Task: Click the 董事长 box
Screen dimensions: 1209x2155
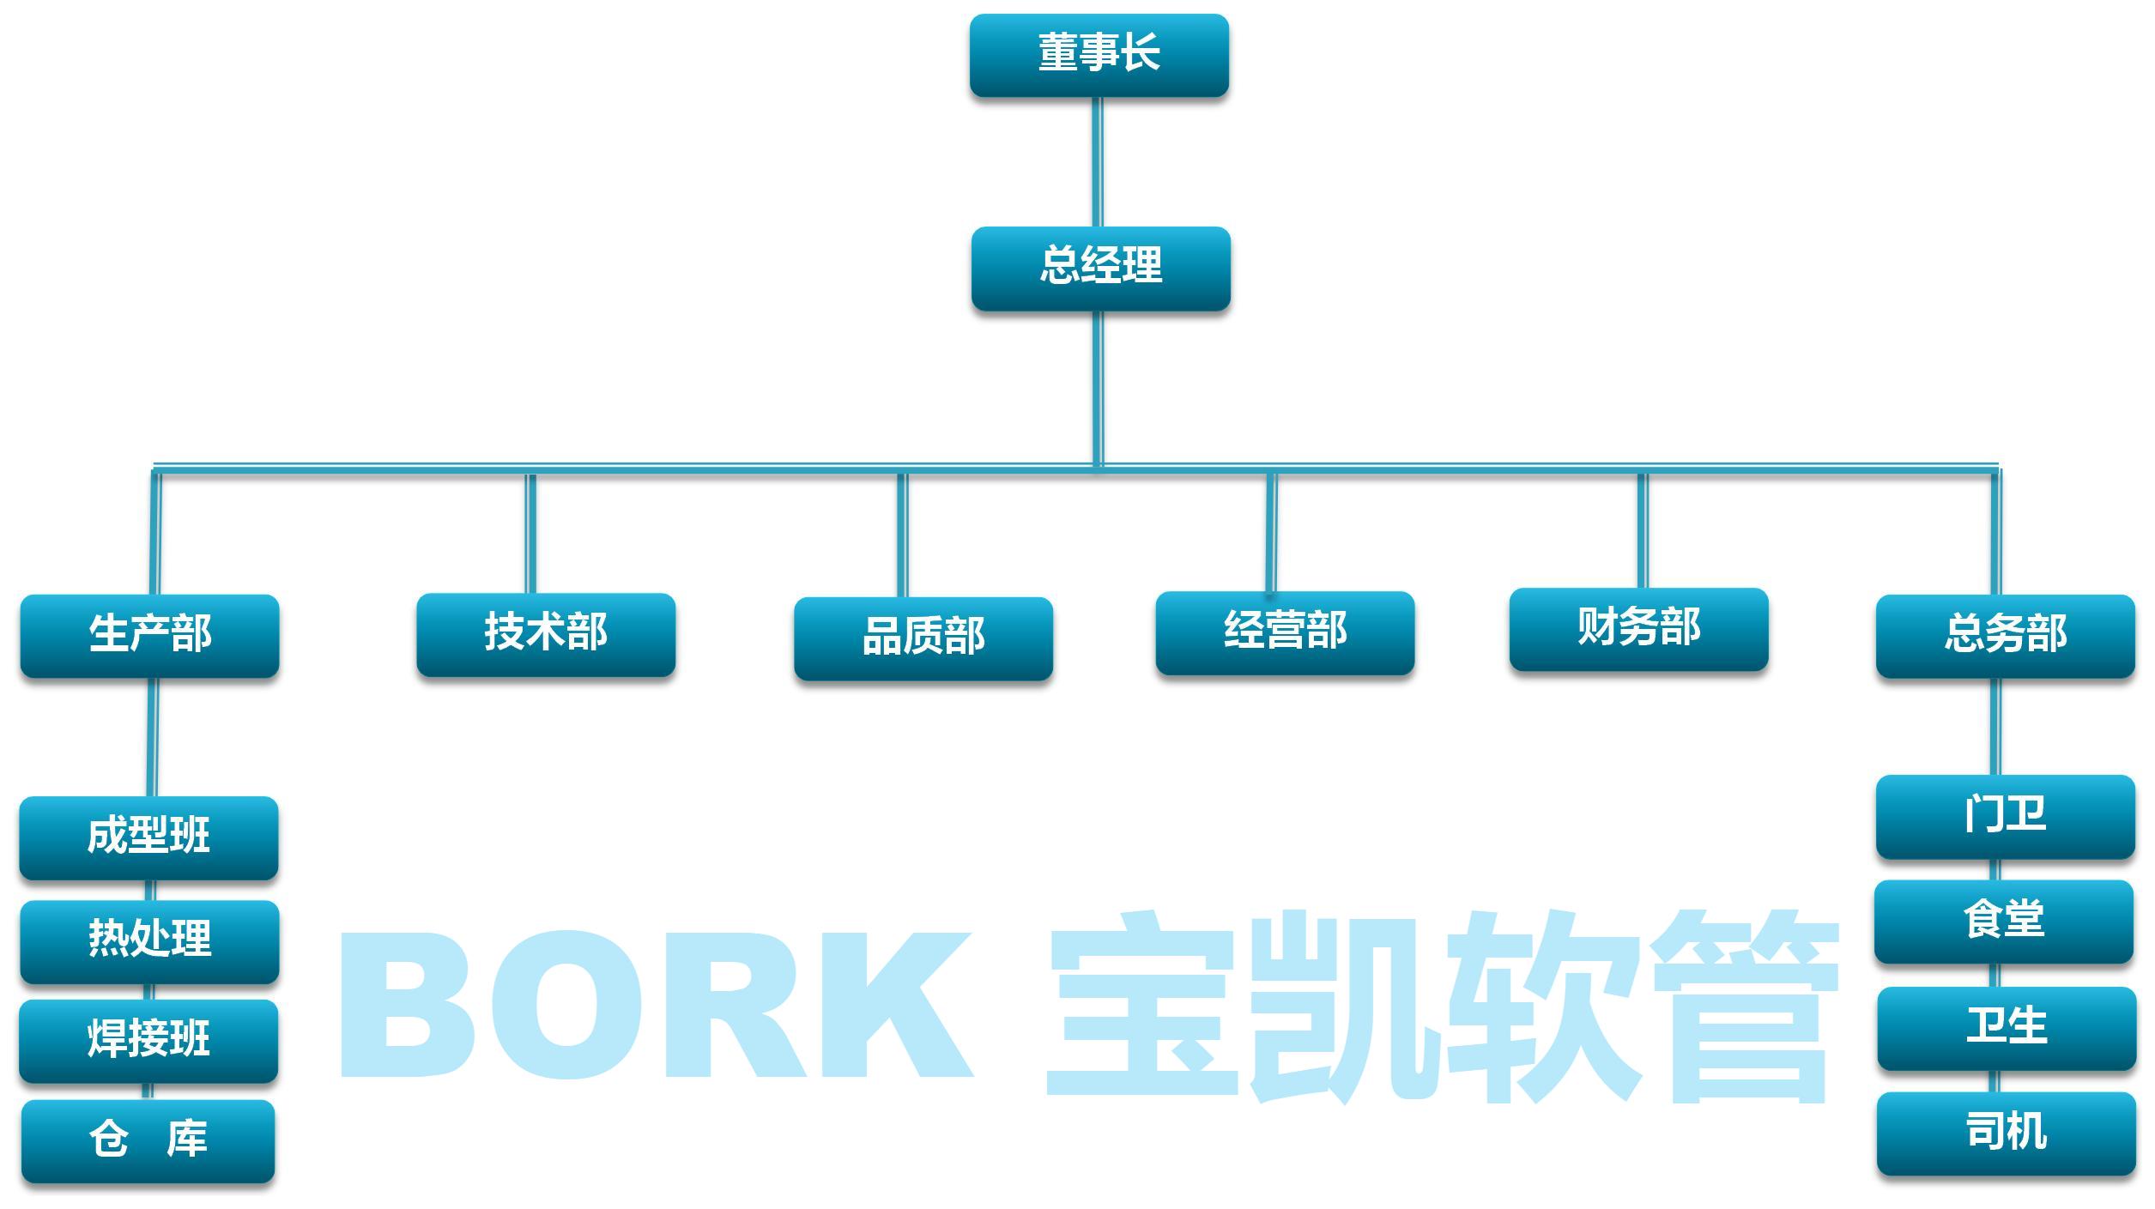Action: (1099, 55)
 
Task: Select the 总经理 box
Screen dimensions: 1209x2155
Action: (1100, 268)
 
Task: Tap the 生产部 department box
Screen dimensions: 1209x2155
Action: (149, 636)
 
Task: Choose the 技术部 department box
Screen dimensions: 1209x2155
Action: (546, 634)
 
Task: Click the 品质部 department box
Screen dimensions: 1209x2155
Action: (923, 638)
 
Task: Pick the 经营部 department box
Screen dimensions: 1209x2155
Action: (1284, 632)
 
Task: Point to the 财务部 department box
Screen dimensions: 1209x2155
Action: (1637, 629)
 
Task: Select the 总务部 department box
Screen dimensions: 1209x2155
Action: (2005, 636)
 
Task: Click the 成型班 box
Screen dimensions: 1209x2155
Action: (148, 837)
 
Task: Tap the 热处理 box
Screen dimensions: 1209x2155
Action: (149, 941)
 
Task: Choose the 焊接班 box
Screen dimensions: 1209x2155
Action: (148, 1041)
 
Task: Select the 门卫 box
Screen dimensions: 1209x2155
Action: (2005, 816)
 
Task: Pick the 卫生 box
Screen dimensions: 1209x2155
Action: (2006, 1028)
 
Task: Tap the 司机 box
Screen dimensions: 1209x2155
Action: (2006, 1133)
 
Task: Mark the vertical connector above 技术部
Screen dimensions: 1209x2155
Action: (531, 532)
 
